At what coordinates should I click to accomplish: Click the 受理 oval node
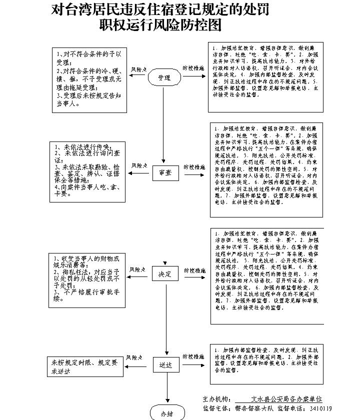tap(164, 77)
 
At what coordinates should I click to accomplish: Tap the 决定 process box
tap(165, 274)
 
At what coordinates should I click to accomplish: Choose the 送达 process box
tap(165, 365)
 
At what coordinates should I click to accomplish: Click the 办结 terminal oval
tap(166, 413)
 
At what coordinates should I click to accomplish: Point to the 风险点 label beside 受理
tap(138, 69)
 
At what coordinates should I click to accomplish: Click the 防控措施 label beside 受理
tap(193, 67)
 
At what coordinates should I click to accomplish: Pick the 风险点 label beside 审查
tap(139, 165)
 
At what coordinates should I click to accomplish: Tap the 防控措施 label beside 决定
tap(194, 270)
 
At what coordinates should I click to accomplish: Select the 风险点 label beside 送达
tap(135, 357)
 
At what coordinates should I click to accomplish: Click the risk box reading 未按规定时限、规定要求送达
tap(85, 366)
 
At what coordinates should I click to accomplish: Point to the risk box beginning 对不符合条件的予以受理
tap(89, 79)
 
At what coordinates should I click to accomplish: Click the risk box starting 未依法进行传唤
tap(87, 172)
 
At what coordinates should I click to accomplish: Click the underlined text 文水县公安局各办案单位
tap(286, 399)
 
